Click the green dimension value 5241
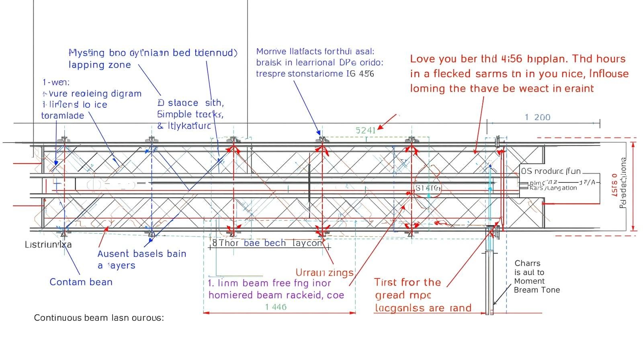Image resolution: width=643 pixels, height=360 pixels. click(x=365, y=130)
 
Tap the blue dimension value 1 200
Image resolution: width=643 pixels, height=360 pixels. click(x=537, y=117)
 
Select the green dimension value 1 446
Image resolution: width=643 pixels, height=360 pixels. click(x=276, y=307)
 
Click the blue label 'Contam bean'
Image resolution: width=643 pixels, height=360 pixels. click(x=81, y=282)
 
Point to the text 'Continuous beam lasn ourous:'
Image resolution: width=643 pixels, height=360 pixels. click(x=99, y=318)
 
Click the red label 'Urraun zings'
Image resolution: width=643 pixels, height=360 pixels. click(x=324, y=272)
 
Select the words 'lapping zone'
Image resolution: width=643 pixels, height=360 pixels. click(x=100, y=65)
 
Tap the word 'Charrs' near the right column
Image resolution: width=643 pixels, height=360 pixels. click(x=527, y=263)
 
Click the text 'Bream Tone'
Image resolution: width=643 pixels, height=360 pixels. click(x=537, y=290)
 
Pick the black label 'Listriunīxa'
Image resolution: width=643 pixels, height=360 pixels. click(x=48, y=244)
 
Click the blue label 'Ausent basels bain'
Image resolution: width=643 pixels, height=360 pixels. click(x=142, y=254)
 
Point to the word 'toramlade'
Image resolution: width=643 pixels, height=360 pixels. click(x=63, y=116)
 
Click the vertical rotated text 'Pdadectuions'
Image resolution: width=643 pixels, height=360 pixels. click(x=623, y=183)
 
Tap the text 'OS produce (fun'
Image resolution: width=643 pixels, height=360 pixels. click(x=551, y=171)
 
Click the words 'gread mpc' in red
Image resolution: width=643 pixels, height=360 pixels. click(x=403, y=295)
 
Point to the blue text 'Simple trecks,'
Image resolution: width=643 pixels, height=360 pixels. click(x=190, y=114)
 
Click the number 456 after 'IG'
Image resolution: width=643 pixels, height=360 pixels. click(x=367, y=74)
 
